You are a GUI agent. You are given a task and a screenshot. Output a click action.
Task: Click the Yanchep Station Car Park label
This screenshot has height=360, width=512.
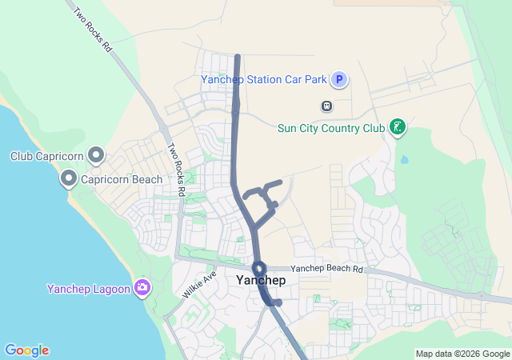click(x=264, y=79)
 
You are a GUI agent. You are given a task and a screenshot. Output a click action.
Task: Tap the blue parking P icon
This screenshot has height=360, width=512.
click(x=339, y=79)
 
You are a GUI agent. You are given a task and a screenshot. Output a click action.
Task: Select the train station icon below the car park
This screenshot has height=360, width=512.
click(x=326, y=106)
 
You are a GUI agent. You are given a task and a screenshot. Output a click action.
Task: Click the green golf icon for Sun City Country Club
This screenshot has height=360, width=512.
click(x=397, y=126)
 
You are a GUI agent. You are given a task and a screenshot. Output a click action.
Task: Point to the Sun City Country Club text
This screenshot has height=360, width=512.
click(x=330, y=127)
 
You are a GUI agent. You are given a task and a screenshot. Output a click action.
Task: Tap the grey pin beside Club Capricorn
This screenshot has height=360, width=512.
click(x=96, y=154)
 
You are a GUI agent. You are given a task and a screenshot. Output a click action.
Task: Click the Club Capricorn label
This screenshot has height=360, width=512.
click(x=47, y=155)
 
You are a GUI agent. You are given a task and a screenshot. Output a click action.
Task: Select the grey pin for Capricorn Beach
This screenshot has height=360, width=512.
click(x=69, y=179)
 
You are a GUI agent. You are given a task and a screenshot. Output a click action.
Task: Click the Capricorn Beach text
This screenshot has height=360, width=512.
click(x=122, y=180)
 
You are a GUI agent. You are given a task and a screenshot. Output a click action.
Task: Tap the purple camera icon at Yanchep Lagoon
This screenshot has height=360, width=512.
click(x=142, y=287)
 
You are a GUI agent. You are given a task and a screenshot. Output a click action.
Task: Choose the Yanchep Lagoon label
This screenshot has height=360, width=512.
click(x=88, y=289)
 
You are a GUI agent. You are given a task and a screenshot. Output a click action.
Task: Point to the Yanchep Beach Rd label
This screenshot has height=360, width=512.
click(x=326, y=270)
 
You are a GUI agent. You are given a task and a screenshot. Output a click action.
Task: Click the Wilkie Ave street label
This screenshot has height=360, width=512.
click(x=199, y=285)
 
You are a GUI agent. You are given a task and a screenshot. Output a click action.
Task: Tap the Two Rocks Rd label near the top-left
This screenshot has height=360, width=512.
click(x=92, y=30)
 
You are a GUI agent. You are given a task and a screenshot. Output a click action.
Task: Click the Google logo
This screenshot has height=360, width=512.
click(x=26, y=350)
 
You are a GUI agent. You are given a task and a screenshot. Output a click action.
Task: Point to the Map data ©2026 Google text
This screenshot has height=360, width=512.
click(x=462, y=354)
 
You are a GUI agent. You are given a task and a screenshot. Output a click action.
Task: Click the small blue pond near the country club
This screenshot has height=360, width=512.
click(x=404, y=159)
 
